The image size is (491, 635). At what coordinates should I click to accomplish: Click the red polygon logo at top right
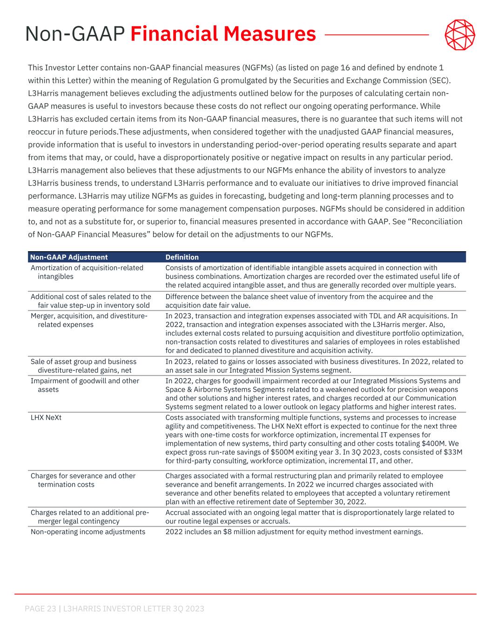pos(460,35)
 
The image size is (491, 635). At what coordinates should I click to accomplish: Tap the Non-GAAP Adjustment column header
pos(69,257)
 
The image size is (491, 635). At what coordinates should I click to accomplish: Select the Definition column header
pos(182,257)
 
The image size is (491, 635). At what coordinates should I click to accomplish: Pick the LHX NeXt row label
pos(46,417)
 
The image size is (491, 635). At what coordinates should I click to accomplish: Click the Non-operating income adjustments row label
pos(88,532)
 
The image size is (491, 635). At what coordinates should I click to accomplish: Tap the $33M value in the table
pos(453,452)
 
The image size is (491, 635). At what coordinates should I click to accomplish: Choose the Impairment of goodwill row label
pos(85,381)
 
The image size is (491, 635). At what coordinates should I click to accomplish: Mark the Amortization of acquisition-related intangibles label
pos(87,272)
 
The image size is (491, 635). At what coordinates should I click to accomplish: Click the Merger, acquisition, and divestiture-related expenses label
pos(89,320)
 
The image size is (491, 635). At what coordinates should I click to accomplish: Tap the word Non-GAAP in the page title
pos(75,34)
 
